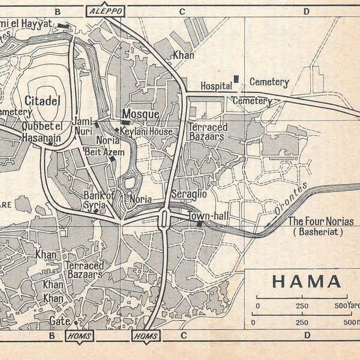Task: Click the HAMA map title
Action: tap(307, 281)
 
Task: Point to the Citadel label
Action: tap(43, 101)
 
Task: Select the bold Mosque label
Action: tap(140, 114)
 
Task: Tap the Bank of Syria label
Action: tap(95, 200)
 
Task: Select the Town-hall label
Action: tap(205, 215)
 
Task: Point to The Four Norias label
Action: tap(321, 221)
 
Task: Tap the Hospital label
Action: tap(216, 85)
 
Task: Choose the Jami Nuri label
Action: tap(83, 125)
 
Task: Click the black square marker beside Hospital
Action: tap(236, 79)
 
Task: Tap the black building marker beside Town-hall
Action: tap(200, 224)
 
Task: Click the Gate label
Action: tap(59, 321)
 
